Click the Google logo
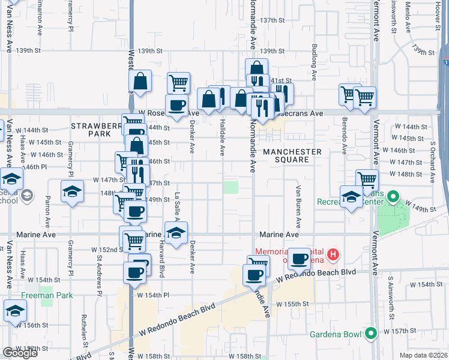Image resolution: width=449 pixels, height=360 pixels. [20, 353]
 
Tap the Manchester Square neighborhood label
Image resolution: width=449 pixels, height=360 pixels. [292, 156]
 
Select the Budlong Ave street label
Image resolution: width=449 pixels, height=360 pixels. [313, 62]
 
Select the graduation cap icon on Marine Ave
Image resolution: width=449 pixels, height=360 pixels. [175, 233]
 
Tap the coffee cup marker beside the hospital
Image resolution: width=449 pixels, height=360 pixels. [300, 259]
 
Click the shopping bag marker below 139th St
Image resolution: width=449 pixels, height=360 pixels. [140, 82]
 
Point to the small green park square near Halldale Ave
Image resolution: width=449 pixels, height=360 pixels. [231, 187]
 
